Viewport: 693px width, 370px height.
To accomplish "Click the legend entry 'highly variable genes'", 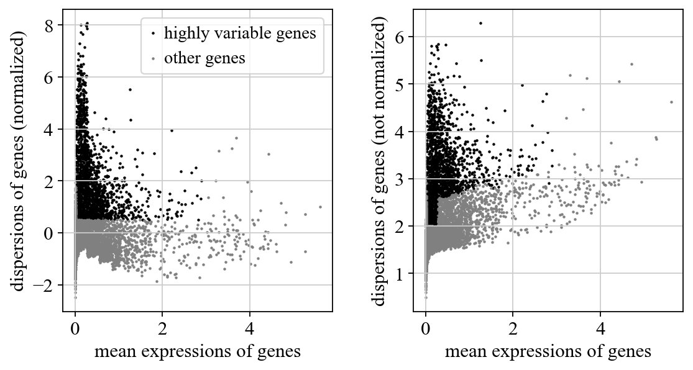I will tap(240, 34).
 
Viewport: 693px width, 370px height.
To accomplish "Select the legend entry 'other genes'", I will tap(204, 59).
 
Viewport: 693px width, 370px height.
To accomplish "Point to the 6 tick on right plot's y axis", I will tap(405, 37).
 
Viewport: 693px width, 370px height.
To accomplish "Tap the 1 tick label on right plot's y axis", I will tap(405, 274).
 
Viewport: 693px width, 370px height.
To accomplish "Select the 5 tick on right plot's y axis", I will tap(405, 84).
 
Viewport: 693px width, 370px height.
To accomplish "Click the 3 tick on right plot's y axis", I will tap(405, 179).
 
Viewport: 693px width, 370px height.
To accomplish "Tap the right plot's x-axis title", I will tap(548, 352).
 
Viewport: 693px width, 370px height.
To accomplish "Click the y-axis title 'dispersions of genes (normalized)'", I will tap(19, 160).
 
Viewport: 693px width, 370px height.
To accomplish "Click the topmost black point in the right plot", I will tap(480, 24).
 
